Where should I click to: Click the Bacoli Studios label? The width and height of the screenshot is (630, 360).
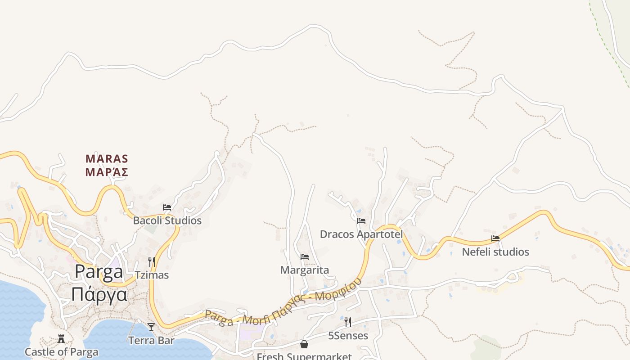click(167, 220)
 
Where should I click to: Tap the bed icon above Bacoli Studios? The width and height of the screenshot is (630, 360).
click(167, 207)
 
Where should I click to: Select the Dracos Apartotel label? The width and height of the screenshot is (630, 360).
click(361, 234)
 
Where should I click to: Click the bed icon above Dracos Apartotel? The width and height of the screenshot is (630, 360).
click(361, 221)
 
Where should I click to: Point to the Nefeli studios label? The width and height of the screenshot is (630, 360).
click(495, 252)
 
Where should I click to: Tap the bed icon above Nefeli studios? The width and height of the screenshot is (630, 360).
click(495, 238)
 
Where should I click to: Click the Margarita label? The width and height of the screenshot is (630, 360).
click(305, 270)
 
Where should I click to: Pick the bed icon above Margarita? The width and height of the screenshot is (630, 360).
click(305, 257)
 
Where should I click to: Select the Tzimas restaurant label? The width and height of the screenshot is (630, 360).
click(152, 274)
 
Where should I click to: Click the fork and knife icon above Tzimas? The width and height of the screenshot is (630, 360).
click(152, 261)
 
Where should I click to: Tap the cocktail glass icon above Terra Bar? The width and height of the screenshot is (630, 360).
click(151, 327)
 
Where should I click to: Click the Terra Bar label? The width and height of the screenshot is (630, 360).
click(151, 340)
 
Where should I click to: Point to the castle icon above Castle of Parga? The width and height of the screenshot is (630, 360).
click(61, 339)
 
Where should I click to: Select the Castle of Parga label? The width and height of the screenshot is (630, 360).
click(61, 352)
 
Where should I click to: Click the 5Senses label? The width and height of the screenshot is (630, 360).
click(348, 336)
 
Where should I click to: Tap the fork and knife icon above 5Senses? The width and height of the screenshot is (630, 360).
click(348, 322)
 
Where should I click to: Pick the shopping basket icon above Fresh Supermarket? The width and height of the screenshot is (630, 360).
click(304, 344)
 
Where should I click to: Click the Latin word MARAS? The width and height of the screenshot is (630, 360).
click(107, 159)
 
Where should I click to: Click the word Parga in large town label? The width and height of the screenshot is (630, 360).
click(99, 272)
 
